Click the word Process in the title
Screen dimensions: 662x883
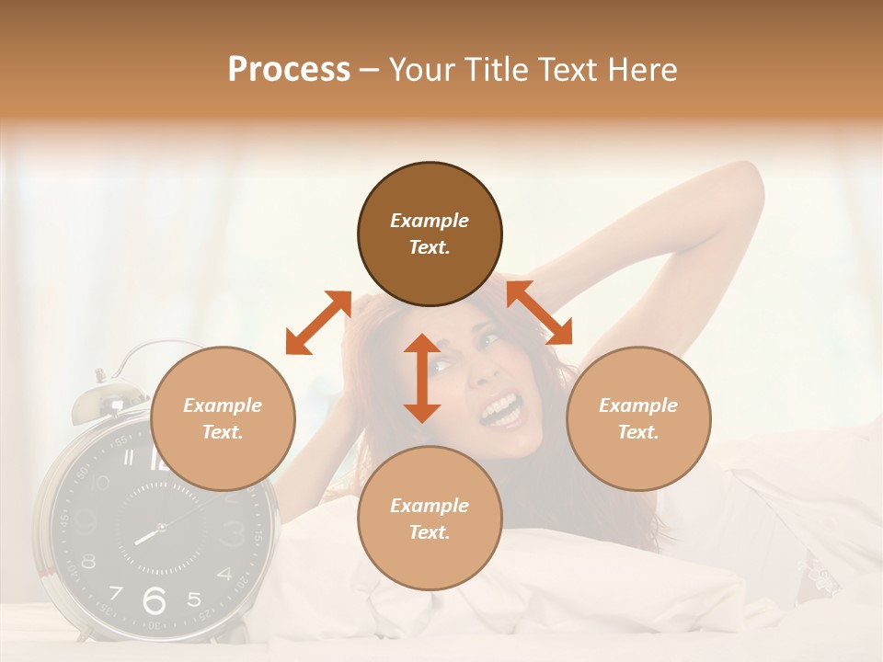(289, 70)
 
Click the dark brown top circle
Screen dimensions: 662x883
(430, 234)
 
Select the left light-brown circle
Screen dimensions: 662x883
(223, 419)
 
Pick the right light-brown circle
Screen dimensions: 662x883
(638, 419)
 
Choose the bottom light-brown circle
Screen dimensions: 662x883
(430, 519)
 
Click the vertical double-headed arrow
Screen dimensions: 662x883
(422, 378)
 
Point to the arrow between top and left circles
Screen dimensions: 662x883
(318, 323)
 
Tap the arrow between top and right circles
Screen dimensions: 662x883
(540, 313)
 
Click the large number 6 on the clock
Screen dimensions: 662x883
(155, 600)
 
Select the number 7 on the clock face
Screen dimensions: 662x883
(115, 592)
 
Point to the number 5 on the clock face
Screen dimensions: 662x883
(193, 599)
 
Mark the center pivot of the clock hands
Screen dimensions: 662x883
(161, 528)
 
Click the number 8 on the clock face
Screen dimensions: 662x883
(89, 560)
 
